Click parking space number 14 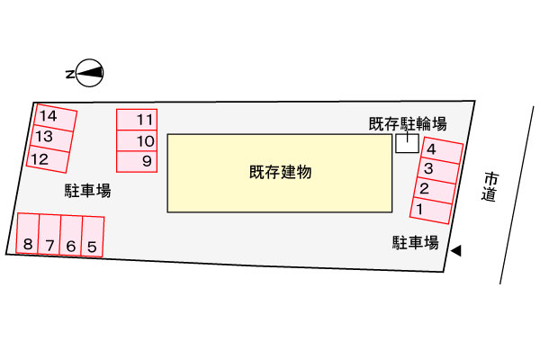tap(55, 118)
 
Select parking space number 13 tap(51, 138)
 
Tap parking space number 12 tap(48, 158)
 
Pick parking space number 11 tap(137, 120)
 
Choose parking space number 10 tap(137, 140)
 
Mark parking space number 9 tap(137, 161)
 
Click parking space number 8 tap(28, 234)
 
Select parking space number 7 tap(49, 235)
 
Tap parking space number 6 tap(71, 236)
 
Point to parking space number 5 tap(93, 237)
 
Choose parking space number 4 tap(442, 150)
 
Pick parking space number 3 tap(438, 170)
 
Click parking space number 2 tap(435, 191)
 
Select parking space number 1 tap(430, 211)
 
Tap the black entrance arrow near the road tap(456, 250)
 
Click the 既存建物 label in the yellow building tap(280, 172)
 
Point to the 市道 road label tap(490, 186)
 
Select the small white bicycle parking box tap(407, 143)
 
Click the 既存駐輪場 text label tap(408, 124)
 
